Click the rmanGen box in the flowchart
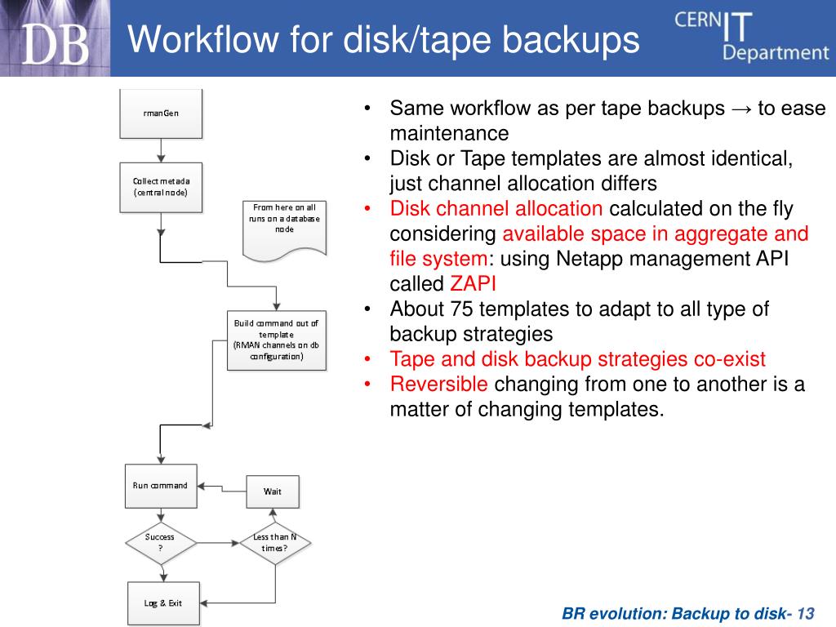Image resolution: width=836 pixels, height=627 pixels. point(160,113)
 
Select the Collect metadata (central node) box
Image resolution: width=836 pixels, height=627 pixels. point(160,186)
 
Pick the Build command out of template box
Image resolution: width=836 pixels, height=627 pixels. point(276,339)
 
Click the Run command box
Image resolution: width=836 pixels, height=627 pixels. point(160,485)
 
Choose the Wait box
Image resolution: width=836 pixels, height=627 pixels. point(273,491)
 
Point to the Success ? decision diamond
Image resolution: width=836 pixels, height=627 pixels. point(160,542)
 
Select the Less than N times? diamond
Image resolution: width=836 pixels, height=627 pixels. point(274,542)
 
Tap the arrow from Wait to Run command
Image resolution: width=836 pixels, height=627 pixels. point(222,488)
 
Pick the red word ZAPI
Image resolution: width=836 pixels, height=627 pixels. point(473,284)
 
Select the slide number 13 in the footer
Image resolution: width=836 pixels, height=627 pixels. point(807,613)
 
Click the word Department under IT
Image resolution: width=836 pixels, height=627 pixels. point(775,53)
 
